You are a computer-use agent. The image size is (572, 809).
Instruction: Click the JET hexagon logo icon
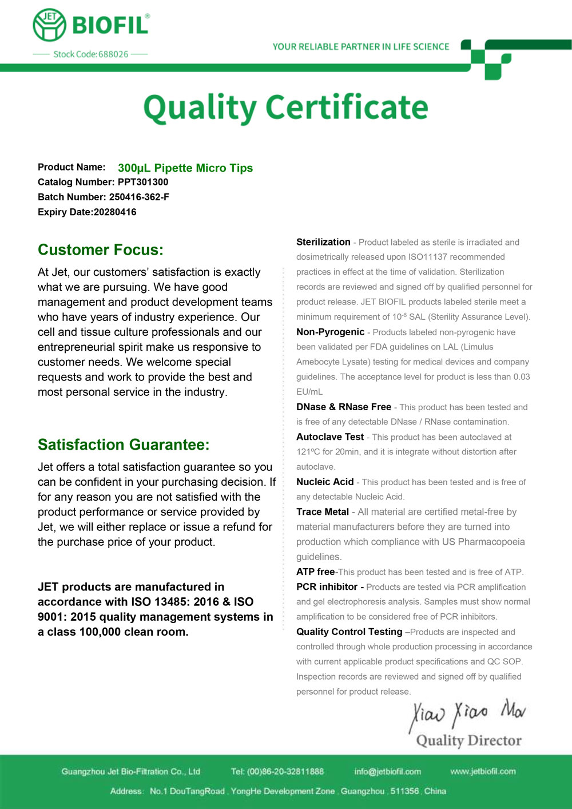[49, 25]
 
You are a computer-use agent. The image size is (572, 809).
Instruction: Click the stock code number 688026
[113, 54]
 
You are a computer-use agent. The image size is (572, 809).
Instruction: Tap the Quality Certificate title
[285, 108]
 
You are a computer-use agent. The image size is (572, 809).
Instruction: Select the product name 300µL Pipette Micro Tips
[185, 168]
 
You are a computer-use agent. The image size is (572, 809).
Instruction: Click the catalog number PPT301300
[143, 183]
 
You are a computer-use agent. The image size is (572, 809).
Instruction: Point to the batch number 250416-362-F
[139, 197]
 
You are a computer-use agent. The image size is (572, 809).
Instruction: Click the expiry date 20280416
[115, 212]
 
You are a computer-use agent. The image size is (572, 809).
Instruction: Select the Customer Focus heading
[101, 250]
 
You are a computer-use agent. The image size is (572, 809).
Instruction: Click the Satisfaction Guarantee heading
[124, 445]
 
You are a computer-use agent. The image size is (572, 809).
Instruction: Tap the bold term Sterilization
[323, 242]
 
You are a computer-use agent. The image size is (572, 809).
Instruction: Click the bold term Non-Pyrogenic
[330, 332]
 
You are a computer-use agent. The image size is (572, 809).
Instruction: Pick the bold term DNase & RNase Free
[344, 407]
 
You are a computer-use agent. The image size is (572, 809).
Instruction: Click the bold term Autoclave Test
[330, 437]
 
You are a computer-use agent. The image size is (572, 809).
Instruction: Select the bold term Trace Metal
[323, 511]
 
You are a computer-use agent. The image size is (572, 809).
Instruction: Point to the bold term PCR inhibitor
[327, 587]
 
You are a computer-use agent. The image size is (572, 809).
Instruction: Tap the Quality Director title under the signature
[468, 741]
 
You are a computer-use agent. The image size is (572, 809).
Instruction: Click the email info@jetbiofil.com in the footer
[387, 771]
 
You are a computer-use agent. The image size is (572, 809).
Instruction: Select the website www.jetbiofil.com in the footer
[483, 771]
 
